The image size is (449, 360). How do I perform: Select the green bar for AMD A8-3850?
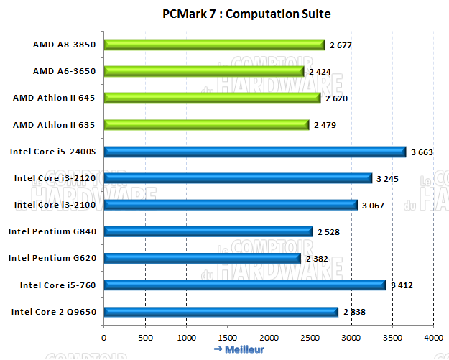click(x=214, y=45)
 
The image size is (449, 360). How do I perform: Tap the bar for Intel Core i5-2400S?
click(x=254, y=151)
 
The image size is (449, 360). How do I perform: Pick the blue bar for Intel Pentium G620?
click(x=202, y=258)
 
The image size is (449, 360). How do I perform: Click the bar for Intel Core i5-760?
click(x=244, y=285)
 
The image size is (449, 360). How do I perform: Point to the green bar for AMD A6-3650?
click(x=204, y=71)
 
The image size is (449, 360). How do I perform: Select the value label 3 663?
click(x=424, y=152)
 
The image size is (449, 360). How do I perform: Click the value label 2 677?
click(x=342, y=45)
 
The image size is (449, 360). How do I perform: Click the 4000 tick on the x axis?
click(x=433, y=337)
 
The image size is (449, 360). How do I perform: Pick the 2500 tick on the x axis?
click(x=310, y=337)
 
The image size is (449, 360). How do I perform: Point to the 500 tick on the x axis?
click(x=145, y=337)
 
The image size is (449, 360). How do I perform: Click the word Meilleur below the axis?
click(x=244, y=349)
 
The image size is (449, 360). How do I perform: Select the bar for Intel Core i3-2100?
click(x=231, y=205)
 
